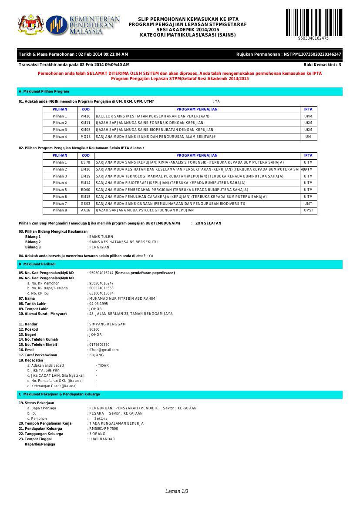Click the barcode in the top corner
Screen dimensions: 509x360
pyautogui.click(x=313, y=23)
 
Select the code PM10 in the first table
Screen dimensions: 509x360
pyautogui.click(x=85, y=116)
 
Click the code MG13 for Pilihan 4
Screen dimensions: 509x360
pyautogui.click(x=85, y=137)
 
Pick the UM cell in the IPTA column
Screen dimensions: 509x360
pyautogui.click(x=308, y=137)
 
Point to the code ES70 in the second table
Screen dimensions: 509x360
pyautogui.click(x=85, y=162)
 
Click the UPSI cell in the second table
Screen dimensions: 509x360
pyautogui.click(x=308, y=210)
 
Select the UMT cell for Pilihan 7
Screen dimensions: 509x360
pyautogui.click(x=308, y=204)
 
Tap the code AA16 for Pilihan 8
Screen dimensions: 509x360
pyautogui.click(x=85, y=210)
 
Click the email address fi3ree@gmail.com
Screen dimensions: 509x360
pyautogui.click(x=104, y=350)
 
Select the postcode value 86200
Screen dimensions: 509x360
pyautogui.click(x=94, y=329)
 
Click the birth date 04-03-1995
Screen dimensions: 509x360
pyautogui.click(x=98, y=304)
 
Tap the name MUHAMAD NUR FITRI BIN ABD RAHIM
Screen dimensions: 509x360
pyautogui.click(x=122, y=298)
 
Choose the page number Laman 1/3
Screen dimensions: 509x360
pyautogui.click(x=177, y=491)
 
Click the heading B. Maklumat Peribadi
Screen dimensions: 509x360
pyautogui.click(x=37, y=264)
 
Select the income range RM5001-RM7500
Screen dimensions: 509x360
pyautogui.click(x=104, y=429)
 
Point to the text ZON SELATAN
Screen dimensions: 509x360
pyautogui.click(x=208, y=223)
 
